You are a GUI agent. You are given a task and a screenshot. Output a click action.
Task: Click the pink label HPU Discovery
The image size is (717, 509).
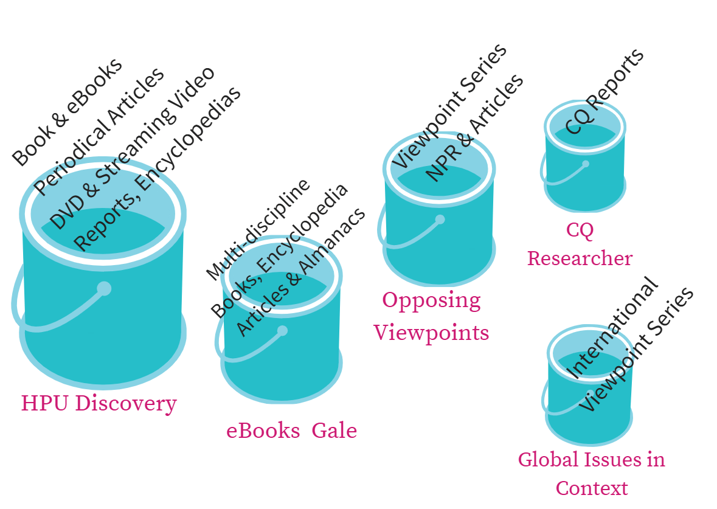pos(99,403)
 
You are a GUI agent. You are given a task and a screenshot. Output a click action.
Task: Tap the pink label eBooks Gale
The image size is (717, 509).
pos(291,431)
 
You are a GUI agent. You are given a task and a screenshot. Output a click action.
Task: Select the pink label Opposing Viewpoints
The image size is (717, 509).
pos(431,316)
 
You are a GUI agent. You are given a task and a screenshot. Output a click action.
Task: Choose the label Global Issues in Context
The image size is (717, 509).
pos(592,473)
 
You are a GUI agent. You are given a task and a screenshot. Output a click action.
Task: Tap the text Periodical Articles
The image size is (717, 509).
pos(99,131)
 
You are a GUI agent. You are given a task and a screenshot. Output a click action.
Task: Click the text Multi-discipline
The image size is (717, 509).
pos(258,230)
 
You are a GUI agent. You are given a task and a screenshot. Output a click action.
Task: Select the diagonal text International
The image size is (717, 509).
pos(611,329)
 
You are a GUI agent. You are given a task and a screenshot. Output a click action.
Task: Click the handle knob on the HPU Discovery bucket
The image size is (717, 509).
pos(104,288)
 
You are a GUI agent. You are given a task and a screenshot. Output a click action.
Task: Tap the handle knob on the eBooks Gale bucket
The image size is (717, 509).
pos(282,331)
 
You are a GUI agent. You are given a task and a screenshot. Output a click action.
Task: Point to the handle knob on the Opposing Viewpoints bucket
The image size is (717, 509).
pos(440,220)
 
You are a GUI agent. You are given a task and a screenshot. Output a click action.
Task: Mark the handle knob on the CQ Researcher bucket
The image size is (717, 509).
pos(586,164)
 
